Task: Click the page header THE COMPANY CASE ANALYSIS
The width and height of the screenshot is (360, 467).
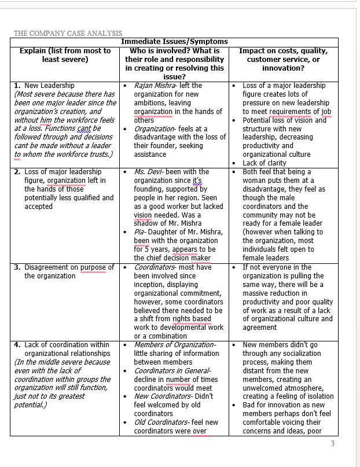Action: point(68,33)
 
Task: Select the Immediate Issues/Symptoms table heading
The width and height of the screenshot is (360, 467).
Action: point(174,42)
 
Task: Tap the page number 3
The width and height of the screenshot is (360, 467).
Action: point(332,444)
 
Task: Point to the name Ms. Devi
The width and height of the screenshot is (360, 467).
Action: point(148,172)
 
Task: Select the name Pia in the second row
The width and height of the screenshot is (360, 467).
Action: point(139,232)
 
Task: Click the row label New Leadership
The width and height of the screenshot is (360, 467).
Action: point(49,86)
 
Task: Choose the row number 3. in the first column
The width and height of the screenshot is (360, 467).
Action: point(17,267)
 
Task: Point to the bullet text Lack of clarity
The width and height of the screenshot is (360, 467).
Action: point(268,163)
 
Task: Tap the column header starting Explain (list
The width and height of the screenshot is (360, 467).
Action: point(65,55)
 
